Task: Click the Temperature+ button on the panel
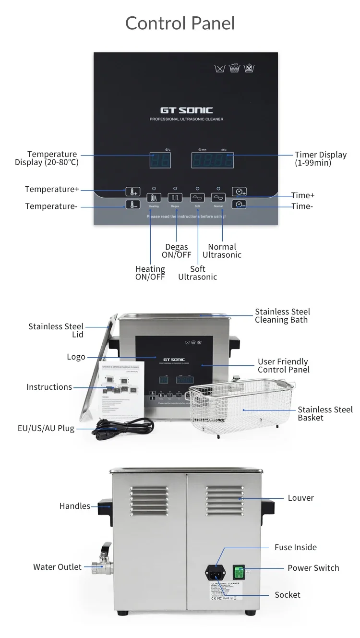[x=132, y=191]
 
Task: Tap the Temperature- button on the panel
[x=132, y=205]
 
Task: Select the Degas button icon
[x=175, y=197]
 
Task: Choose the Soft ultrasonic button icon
[x=197, y=197]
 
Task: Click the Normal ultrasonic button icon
[x=218, y=197]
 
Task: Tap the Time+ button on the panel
[x=239, y=191]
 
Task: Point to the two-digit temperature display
[x=160, y=160]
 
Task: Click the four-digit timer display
[x=213, y=160]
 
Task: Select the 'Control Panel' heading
[x=180, y=23]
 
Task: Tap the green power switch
[x=239, y=572]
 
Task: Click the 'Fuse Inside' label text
[x=295, y=547]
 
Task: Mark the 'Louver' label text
[x=300, y=498]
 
